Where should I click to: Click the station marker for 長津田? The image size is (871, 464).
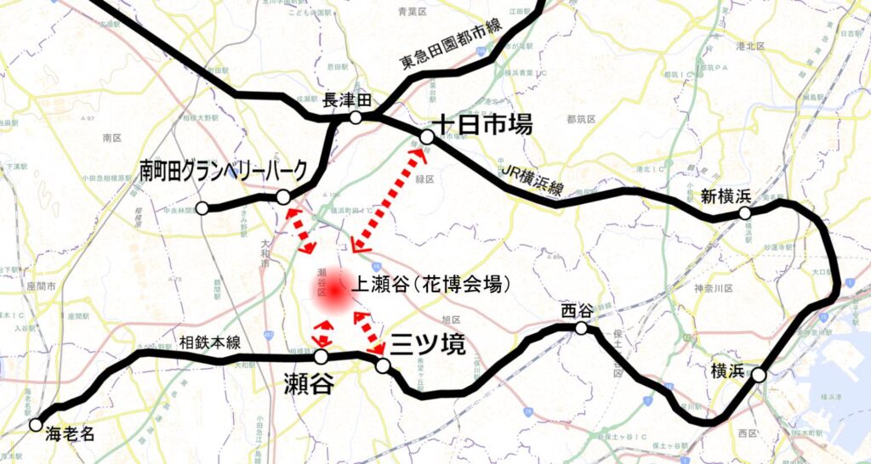coord(356,117)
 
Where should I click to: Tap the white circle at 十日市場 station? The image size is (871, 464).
coord(427,136)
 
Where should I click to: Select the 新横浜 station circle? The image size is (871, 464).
coord(745,214)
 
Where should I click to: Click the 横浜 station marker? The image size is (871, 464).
coord(759,374)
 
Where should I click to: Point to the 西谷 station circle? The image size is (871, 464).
coord(582,329)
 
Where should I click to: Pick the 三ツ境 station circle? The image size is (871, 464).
coord(383,365)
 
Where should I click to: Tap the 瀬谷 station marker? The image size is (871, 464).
coord(322,357)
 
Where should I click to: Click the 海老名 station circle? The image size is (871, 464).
coord(36,424)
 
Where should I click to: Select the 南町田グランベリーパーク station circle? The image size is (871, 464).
coord(283,197)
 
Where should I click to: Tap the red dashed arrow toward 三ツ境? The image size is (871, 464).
coord(367,332)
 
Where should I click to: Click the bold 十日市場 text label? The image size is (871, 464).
coord(481,125)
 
